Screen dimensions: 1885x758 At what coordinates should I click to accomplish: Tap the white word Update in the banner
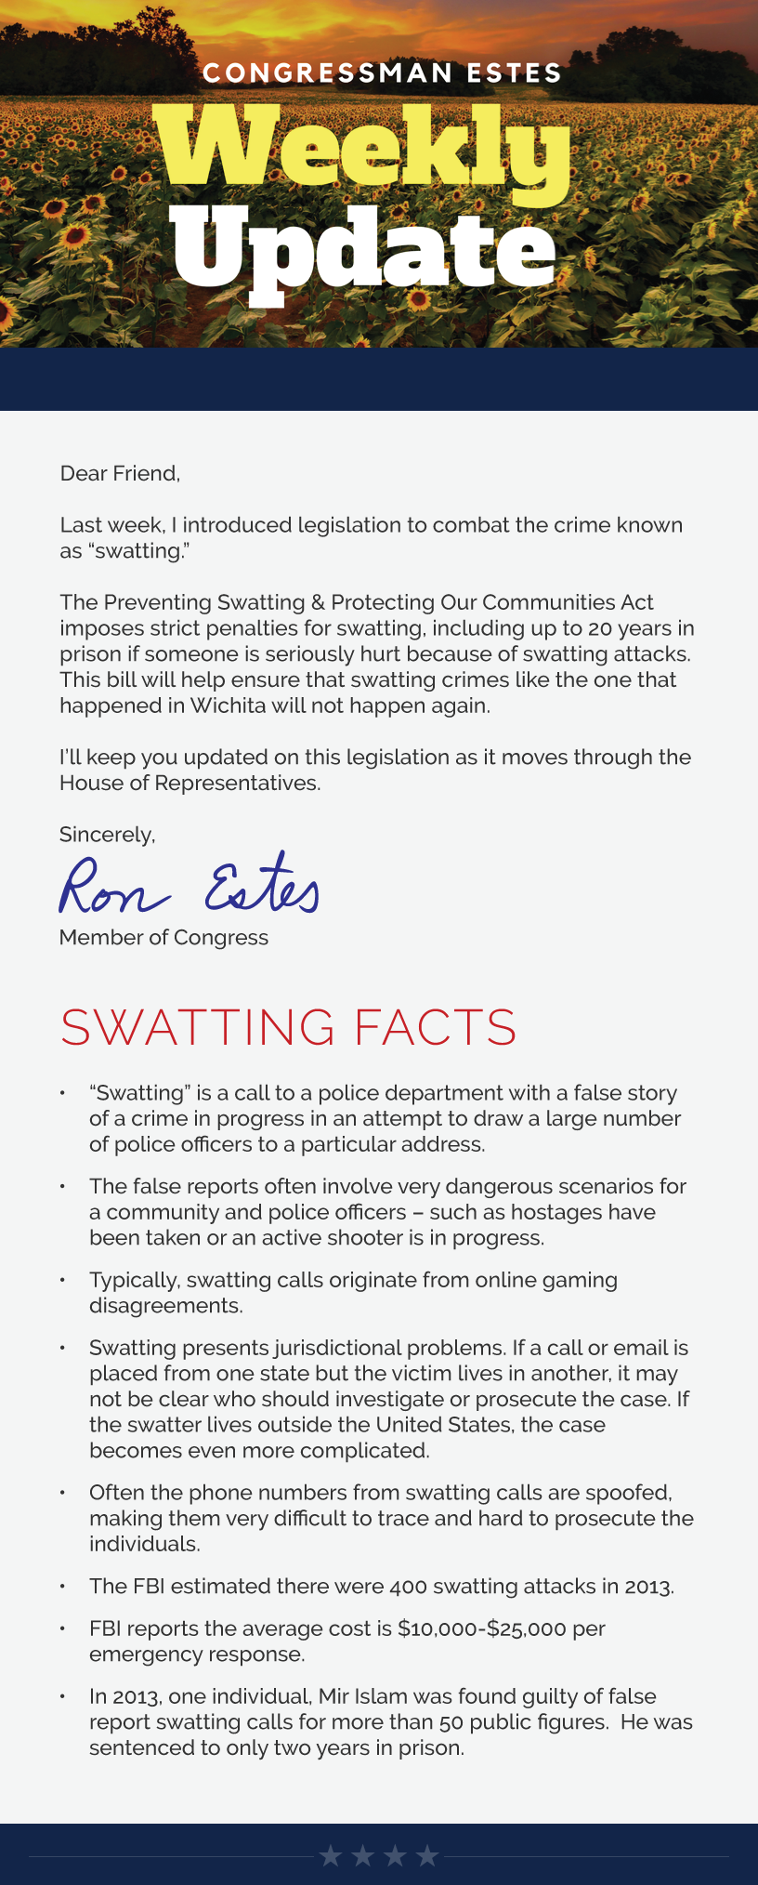(364, 248)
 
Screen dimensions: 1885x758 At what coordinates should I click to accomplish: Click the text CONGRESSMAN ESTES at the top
(382, 72)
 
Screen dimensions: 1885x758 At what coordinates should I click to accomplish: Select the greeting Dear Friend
(120, 474)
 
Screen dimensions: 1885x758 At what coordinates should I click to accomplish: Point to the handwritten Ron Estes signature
(189, 886)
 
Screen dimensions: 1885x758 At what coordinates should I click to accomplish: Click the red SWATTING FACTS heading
(288, 1027)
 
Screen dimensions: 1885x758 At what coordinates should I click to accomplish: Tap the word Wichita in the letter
(229, 705)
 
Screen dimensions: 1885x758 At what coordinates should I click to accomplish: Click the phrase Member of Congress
(163, 938)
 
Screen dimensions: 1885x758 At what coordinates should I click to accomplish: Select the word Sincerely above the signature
(107, 835)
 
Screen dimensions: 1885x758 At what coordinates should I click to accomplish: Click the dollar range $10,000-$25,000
(482, 1628)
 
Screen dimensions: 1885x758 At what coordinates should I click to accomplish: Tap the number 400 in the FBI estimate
(409, 1587)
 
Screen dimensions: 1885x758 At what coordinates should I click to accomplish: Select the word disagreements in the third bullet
(165, 1306)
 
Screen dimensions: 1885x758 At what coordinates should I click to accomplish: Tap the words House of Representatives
(189, 784)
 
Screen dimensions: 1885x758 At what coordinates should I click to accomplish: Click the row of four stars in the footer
(379, 1856)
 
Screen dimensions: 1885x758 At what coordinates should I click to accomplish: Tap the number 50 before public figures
(451, 1722)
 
